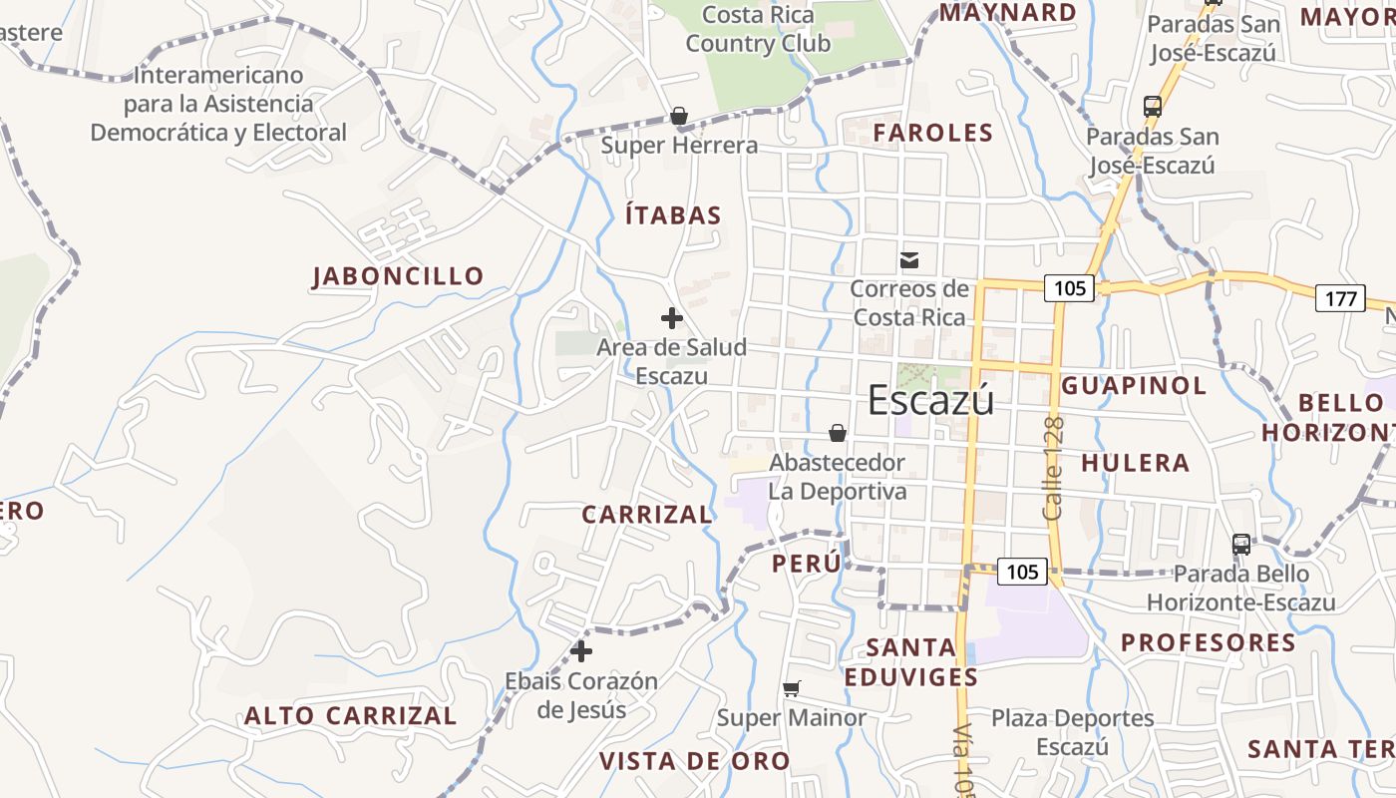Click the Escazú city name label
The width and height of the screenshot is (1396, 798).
pyautogui.click(x=930, y=400)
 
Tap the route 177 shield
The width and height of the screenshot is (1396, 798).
pyautogui.click(x=1340, y=297)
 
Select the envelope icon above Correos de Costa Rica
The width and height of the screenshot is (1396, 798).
pyautogui.click(x=909, y=260)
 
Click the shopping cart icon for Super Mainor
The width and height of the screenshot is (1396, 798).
pyautogui.click(x=792, y=688)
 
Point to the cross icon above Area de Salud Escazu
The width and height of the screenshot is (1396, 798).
pyautogui.click(x=672, y=318)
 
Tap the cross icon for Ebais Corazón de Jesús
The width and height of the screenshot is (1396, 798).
pyautogui.click(x=581, y=651)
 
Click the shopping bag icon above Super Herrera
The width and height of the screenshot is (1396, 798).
pyautogui.click(x=679, y=117)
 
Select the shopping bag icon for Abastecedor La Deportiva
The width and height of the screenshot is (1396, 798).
pyautogui.click(x=838, y=433)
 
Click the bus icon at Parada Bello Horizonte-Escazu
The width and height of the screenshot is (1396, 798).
pyautogui.click(x=1241, y=544)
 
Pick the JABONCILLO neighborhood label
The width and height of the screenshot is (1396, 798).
pyautogui.click(x=398, y=276)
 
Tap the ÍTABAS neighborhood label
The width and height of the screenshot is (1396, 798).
pyautogui.click(x=673, y=215)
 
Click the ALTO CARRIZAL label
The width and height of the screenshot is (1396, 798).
pyautogui.click(x=351, y=716)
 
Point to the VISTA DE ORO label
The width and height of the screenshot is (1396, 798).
pyautogui.click(x=694, y=761)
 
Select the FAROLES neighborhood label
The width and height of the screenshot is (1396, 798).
pyautogui.click(x=933, y=133)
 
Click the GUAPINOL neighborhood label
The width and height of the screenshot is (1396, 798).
pyautogui.click(x=1134, y=385)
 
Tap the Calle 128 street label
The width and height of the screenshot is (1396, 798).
pyautogui.click(x=1054, y=468)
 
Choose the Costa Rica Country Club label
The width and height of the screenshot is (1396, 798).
pyautogui.click(x=758, y=29)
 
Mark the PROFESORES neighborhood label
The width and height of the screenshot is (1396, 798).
pyautogui.click(x=1208, y=642)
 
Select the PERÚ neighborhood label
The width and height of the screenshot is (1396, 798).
pyautogui.click(x=806, y=564)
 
